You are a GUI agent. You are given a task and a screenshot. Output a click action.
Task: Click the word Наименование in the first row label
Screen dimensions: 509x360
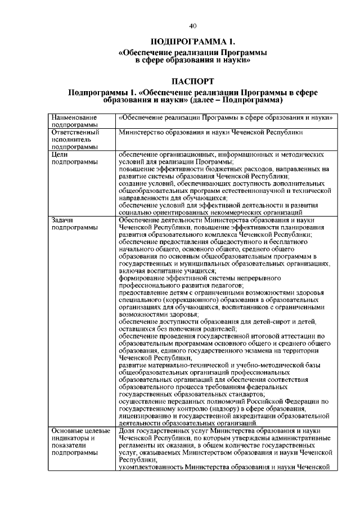[72, 118]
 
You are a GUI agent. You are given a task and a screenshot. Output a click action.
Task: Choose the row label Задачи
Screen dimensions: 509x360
[62, 220]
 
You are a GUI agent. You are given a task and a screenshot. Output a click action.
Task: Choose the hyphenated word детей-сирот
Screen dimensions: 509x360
[268, 322]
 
